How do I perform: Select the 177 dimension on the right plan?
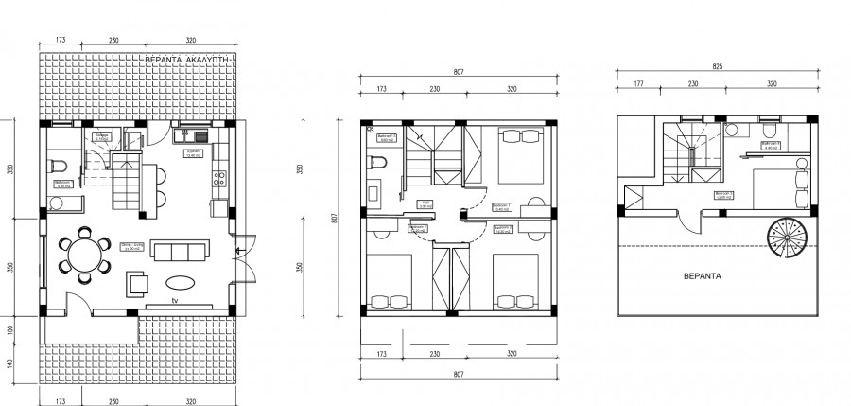(637, 85)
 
